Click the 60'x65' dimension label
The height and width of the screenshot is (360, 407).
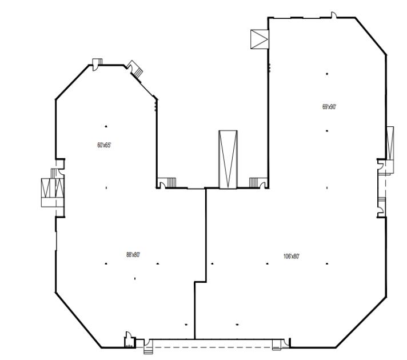coord(104,145)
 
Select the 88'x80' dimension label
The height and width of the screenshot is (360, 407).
coord(133,255)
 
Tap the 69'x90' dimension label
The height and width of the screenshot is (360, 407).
coord(329,107)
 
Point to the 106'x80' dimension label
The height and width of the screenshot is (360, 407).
coord(291,257)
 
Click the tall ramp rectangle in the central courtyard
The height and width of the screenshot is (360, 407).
coord(228,159)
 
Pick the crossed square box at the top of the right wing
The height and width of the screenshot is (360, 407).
coord(260,39)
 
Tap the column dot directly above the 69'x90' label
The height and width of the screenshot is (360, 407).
coord(327,74)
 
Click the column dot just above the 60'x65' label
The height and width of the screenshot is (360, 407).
coord(106,126)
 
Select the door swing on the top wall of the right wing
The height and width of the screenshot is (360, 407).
coord(334,15)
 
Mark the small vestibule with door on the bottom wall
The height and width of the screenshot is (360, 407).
coord(129,340)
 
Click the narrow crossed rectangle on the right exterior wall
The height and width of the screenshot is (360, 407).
coord(390,143)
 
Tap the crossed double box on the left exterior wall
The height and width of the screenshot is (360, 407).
coord(53,187)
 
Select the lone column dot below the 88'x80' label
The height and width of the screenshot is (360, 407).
coord(135,279)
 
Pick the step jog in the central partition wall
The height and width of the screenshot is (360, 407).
coord(201,281)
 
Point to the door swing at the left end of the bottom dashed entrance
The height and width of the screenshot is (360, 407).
coord(147,342)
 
